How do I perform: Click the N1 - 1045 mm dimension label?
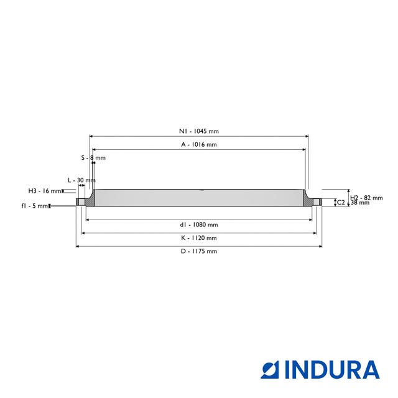pyautogui.click(x=199, y=131)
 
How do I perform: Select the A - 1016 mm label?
pyautogui.click(x=199, y=144)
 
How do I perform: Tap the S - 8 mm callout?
pyautogui.click(x=93, y=157)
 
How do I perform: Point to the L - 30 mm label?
pyautogui.click(x=81, y=180)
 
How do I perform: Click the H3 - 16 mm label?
pyautogui.click(x=45, y=191)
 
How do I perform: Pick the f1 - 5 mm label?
pyautogui.click(x=35, y=206)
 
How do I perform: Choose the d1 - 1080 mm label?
pyautogui.click(x=199, y=224)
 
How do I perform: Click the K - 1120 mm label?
pyautogui.click(x=199, y=238)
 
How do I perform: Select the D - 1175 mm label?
pyautogui.click(x=199, y=251)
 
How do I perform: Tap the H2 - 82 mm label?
pyautogui.click(x=366, y=198)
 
